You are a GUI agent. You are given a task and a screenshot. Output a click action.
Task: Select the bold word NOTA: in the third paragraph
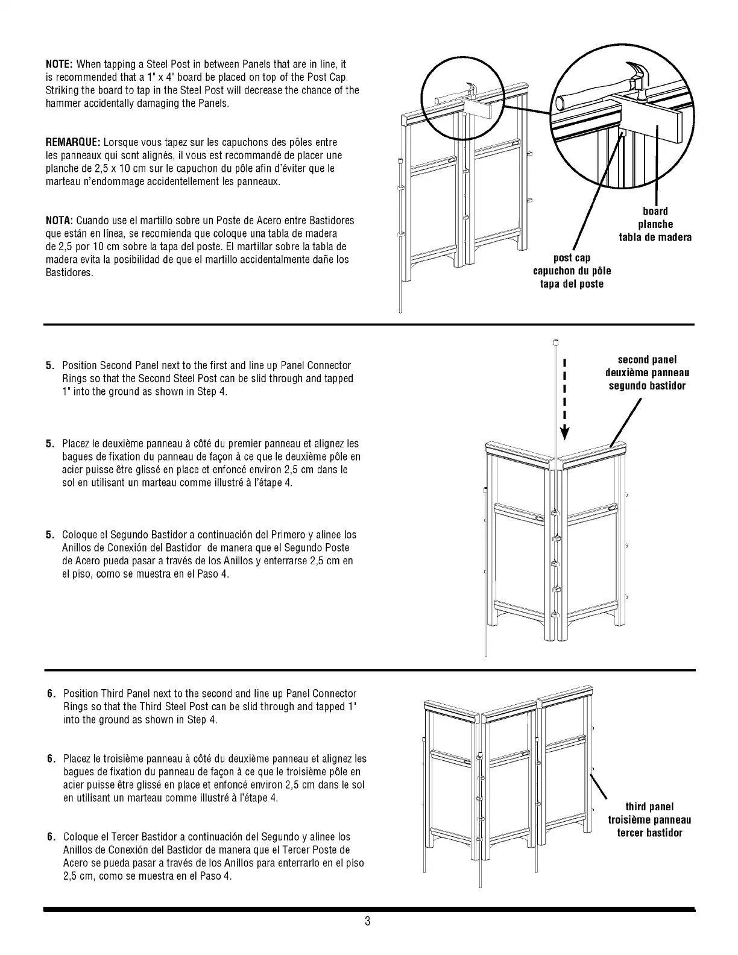pyautogui.click(x=60, y=220)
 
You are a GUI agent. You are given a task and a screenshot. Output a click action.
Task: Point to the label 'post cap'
pyautogui.click(x=572, y=258)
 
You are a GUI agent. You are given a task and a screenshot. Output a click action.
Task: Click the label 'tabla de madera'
pyautogui.click(x=655, y=237)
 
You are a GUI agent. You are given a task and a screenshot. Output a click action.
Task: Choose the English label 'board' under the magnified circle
pyautogui.click(x=655, y=211)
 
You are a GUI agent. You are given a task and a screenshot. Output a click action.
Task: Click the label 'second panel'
pyautogui.click(x=647, y=360)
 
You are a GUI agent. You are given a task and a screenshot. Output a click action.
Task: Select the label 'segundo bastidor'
pyautogui.click(x=647, y=386)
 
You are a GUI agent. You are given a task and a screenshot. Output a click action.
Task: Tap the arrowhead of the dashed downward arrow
pyautogui.click(x=565, y=432)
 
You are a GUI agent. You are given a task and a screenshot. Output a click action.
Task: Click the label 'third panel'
pyautogui.click(x=649, y=807)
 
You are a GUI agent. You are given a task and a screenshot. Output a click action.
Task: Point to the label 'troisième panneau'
pyautogui.click(x=649, y=820)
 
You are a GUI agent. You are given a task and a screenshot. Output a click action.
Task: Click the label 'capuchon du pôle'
pyautogui.click(x=572, y=271)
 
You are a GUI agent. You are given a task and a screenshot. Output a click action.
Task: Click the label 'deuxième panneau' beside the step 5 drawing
pyautogui.click(x=647, y=373)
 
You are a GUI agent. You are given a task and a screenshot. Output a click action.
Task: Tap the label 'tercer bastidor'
pyautogui.click(x=649, y=833)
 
